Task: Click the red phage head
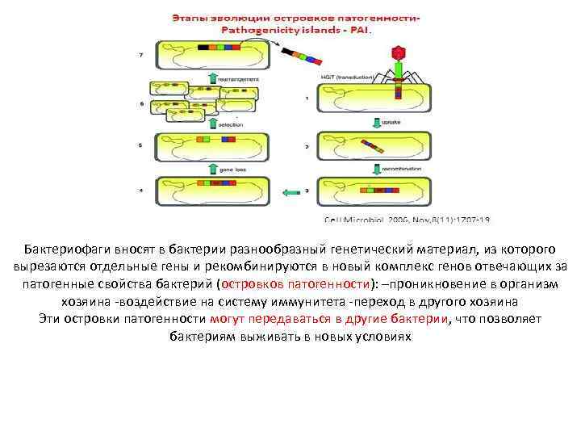396,53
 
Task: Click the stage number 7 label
141,53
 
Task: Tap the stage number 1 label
306,99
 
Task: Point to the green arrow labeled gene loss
213,170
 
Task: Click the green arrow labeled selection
213,124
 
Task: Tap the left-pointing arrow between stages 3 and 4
291,191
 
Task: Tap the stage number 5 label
141,146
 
